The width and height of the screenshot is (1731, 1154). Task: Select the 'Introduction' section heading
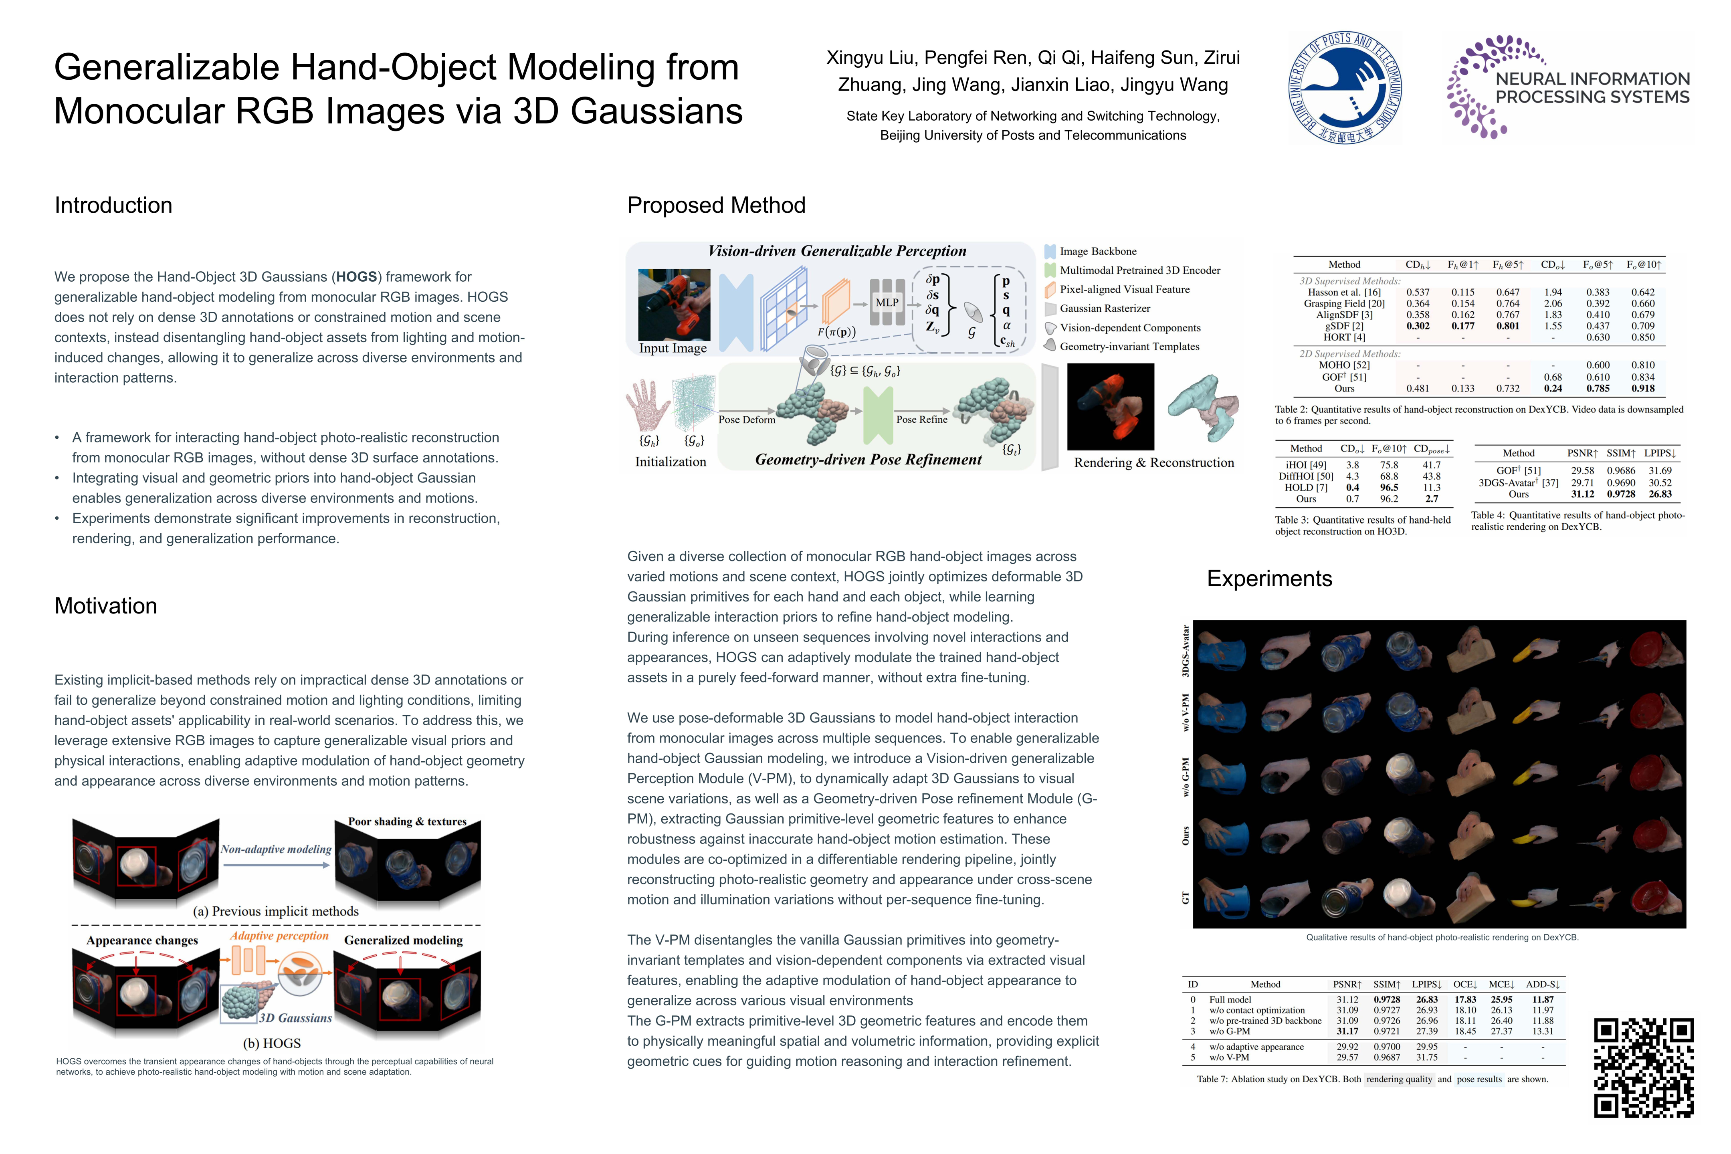click(113, 205)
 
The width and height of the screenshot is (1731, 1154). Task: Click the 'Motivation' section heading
click(106, 606)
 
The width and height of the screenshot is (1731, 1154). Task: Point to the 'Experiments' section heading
click(1269, 579)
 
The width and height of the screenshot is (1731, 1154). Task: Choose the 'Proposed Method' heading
click(716, 205)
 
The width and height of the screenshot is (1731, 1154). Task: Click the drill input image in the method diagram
click(674, 304)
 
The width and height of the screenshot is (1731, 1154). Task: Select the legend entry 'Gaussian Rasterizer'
click(1104, 309)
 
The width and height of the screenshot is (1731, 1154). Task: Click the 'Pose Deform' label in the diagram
click(746, 420)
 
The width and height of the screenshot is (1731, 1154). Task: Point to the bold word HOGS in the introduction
click(357, 277)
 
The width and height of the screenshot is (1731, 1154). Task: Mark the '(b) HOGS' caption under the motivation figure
click(272, 1043)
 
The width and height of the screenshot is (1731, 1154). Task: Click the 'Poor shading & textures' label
click(407, 821)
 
